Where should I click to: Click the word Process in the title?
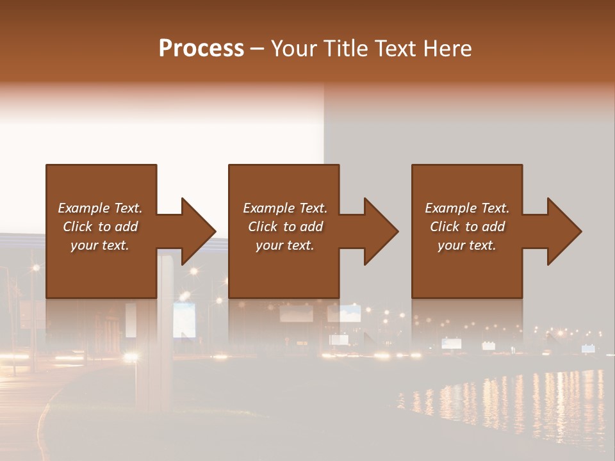tap(201, 49)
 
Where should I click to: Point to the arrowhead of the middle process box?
tap(381, 231)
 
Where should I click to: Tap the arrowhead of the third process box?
tap(564, 231)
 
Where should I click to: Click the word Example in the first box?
tap(84, 208)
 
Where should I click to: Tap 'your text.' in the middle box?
tap(284, 245)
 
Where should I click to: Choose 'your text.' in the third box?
tap(466, 245)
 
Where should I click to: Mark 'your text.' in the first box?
tap(99, 245)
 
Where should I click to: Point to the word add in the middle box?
tap(310, 227)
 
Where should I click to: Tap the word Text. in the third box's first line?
tap(495, 208)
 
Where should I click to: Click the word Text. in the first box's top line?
tap(127, 208)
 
